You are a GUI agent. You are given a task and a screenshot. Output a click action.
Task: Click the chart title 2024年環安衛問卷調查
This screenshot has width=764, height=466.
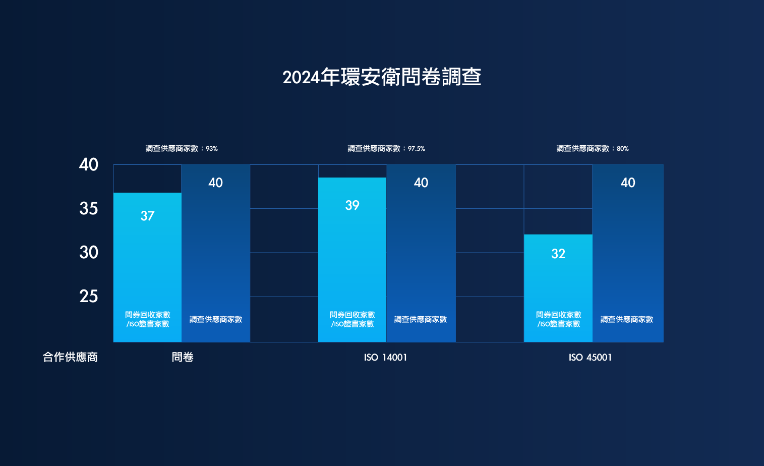pyautogui.click(x=382, y=77)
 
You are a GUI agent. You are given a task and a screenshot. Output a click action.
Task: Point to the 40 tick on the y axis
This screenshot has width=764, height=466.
pyautogui.click(x=89, y=164)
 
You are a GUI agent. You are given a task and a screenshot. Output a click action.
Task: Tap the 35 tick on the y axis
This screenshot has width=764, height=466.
pyautogui.click(x=89, y=208)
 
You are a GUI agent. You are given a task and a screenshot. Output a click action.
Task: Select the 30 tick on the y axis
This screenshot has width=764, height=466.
pyautogui.click(x=89, y=252)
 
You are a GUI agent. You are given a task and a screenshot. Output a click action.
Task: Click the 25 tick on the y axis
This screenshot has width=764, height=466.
pyautogui.click(x=89, y=296)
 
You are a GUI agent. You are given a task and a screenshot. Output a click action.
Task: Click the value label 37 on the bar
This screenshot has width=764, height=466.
pyautogui.click(x=147, y=216)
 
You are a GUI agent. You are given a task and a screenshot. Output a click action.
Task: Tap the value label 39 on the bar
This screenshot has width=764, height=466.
pyautogui.click(x=352, y=205)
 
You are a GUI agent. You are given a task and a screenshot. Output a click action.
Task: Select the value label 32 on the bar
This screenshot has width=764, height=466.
pyautogui.click(x=558, y=254)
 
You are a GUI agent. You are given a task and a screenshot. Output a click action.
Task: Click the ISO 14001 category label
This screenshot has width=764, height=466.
pyautogui.click(x=385, y=357)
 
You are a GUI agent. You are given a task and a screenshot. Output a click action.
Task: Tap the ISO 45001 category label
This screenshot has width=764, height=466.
pyautogui.click(x=590, y=357)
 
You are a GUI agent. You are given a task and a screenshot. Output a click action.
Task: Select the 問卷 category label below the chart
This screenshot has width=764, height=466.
pyautogui.click(x=183, y=357)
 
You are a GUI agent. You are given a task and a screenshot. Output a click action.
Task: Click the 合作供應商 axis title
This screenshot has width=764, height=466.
pyautogui.click(x=70, y=357)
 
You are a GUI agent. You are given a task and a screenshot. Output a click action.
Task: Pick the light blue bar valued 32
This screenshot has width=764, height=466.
pyautogui.click(x=558, y=282)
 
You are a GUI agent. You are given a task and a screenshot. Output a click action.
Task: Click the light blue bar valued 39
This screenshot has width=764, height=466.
pyautogui.click(x=352, y=252)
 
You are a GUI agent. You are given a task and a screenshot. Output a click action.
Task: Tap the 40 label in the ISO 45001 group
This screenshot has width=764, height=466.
pyautogui.click(x=628, y=183)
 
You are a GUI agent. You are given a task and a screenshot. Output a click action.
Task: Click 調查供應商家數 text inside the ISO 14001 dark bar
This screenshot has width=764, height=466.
pyautogui.click(x=421, y=319)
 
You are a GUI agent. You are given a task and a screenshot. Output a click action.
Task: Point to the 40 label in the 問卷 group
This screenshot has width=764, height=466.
pyautogui.click(x=215, y=183)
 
